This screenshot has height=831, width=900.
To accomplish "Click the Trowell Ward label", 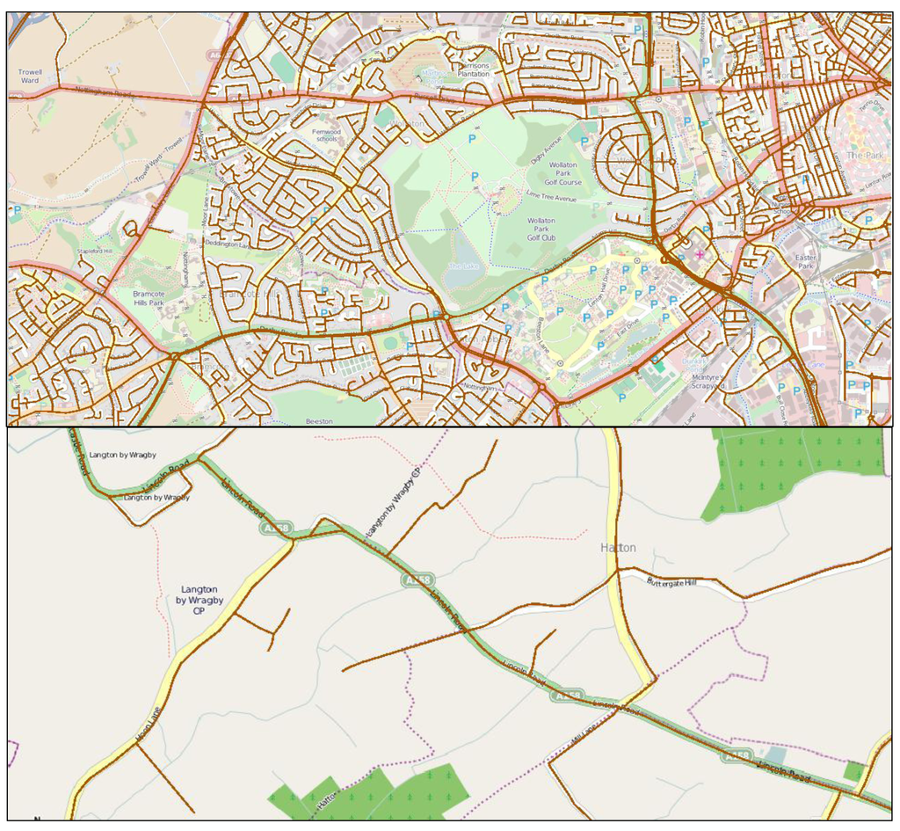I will click(29, 76).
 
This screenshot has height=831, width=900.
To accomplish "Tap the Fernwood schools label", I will click(326, 135).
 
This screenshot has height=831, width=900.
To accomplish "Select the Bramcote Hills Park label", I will click(149, 298).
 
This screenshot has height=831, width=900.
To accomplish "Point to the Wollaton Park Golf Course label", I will click(563, 174).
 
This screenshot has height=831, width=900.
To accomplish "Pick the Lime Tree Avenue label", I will click(550, 198).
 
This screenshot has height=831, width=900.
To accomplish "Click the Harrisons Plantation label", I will click(474, 70).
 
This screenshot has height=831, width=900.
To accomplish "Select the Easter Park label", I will click(805, 261).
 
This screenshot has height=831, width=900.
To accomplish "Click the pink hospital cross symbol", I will click(700, 254).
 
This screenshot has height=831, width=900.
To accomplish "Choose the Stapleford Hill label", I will click(95, 251).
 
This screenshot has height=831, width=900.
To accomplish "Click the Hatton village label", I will click(617, 548).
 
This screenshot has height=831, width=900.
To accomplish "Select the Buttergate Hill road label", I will click(671, 582).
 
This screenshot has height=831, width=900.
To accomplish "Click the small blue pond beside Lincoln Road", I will click(775, 755).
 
